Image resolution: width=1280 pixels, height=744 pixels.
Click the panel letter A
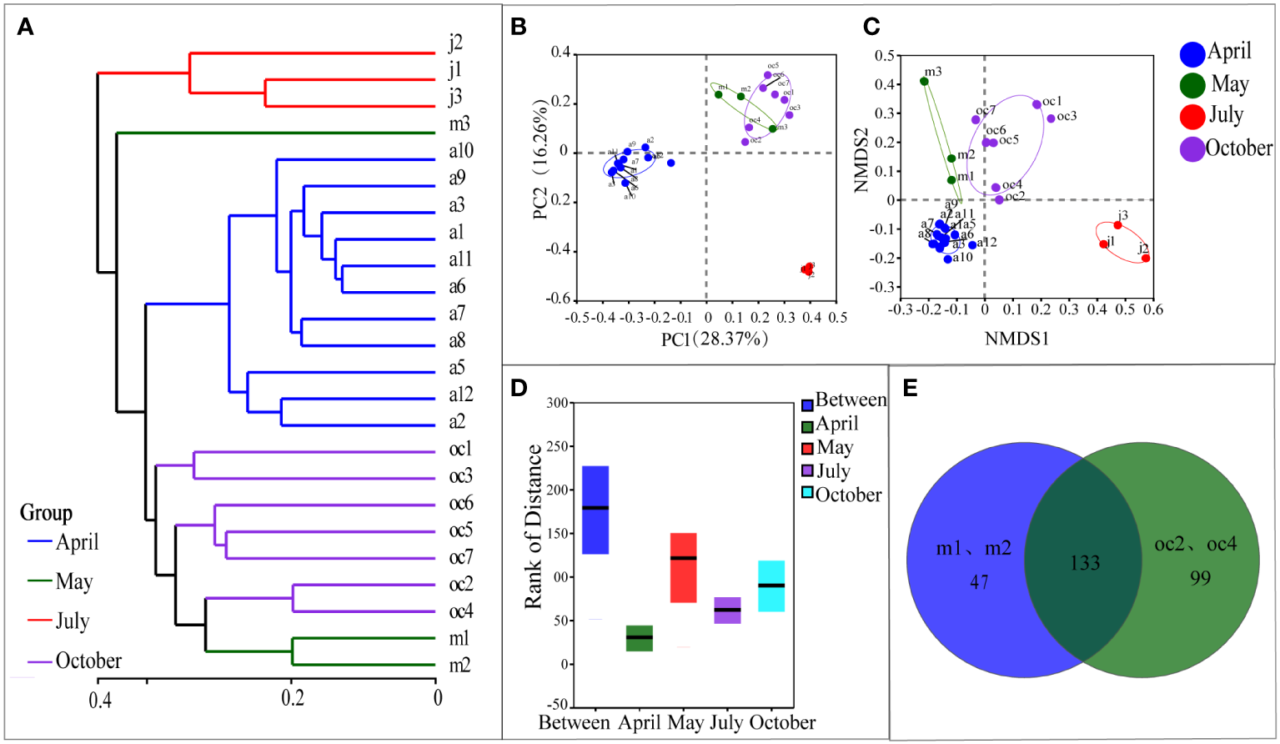[x=26, y=28]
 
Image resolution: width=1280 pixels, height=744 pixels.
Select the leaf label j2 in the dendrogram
[x=454, y=43]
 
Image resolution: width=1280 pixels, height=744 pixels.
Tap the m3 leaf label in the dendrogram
[x=459, y=124]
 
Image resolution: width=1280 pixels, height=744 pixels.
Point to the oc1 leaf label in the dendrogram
[x=460, y=450]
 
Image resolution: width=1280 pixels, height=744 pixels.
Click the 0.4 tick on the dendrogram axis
[x=100, y=699]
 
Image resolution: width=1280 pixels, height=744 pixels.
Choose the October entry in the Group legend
[x=88, y=661]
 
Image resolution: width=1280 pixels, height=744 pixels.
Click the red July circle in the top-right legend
[x=1192, y=116]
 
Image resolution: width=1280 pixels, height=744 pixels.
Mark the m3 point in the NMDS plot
[x=924, y=81]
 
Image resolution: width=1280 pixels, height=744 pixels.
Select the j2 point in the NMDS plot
[x=1146, y=259]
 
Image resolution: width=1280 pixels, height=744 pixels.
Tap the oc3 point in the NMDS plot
[x=1051, y=118]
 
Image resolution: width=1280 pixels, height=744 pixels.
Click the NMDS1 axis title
[x=1016, y=339]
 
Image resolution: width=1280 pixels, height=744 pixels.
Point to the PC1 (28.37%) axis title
[x=714, y=339]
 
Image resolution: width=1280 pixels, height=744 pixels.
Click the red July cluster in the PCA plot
[x=806, y=269]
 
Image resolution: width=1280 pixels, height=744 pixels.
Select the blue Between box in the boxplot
[x=595, y=510]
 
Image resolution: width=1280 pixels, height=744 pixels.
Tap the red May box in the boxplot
[x=683, y=567]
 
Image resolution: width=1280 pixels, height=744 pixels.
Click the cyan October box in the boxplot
[x=771, y=586]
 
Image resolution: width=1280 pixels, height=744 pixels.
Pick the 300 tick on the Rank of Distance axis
[x=557, y=403]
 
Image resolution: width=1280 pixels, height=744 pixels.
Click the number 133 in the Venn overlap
[x=1084, y=564]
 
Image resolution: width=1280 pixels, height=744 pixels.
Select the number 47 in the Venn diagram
[x=979, y=582]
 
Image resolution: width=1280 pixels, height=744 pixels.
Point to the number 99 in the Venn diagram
[x=1200, y=578]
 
